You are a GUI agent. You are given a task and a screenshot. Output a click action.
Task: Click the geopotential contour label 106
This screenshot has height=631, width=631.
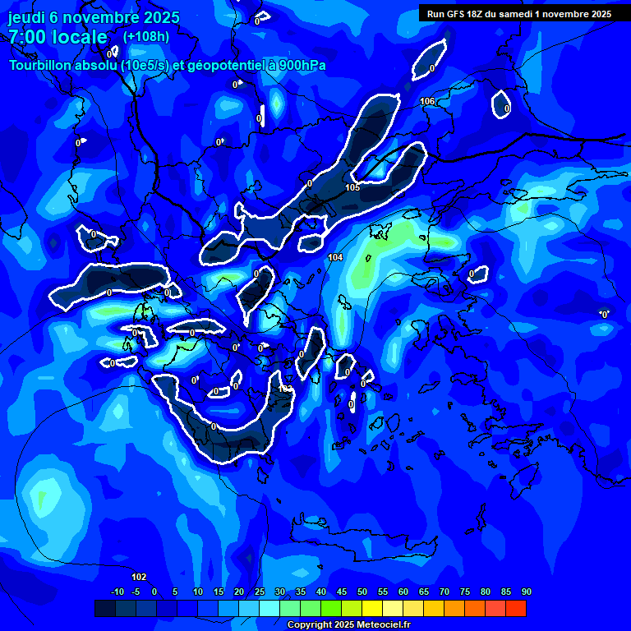[427, 101]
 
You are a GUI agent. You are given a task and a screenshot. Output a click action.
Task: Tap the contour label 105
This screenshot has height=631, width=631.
[352, 187]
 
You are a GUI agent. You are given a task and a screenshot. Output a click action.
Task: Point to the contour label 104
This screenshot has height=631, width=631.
[335, 257]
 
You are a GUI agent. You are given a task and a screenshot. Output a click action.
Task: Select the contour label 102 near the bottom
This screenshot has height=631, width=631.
[139, 577]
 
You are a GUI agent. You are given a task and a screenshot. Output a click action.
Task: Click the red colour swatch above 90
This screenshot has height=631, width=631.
[516, 608]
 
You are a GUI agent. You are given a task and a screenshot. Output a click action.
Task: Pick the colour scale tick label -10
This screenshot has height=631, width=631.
[117, 592]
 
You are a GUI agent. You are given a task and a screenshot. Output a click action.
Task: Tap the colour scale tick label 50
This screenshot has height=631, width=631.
[362, 592]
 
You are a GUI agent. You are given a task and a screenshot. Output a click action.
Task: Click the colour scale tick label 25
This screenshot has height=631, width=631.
[260, 592]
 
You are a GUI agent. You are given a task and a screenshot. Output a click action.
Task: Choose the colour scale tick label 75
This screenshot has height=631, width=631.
[465, 592]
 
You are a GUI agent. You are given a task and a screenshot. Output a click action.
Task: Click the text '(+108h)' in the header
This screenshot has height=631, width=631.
[146, 36]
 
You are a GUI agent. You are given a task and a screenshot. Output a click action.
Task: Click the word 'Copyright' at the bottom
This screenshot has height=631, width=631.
[311, 625]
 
